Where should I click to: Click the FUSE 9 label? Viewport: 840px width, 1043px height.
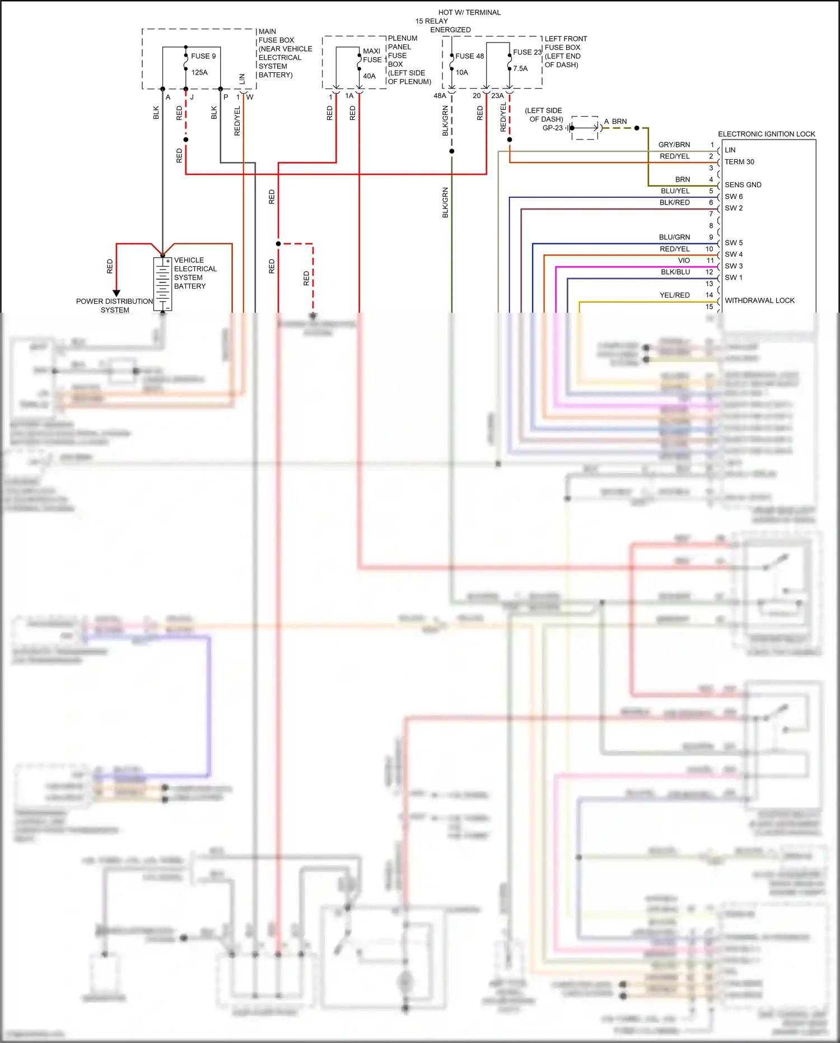tap(203, 56)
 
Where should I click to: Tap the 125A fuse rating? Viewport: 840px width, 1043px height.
tap(199, 72)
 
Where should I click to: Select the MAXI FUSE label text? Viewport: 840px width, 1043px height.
tap(371, 55)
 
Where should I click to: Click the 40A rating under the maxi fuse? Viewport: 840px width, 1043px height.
tap(369, 76)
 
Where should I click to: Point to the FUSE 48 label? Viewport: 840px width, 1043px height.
tap(469, 56)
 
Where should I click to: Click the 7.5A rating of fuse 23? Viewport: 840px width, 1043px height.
tap(520, 68)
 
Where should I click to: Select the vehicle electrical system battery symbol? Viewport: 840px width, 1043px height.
tap(162, 284)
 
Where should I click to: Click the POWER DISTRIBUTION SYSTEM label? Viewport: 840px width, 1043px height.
tap(114, 305)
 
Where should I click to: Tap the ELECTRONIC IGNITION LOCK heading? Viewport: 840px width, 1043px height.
tap(766, 134)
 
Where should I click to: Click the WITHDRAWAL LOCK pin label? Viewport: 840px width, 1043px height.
tap(759, 300)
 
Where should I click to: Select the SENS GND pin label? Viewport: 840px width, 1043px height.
tap(743, 184)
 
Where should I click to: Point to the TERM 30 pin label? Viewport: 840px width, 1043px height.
tap(739, 161)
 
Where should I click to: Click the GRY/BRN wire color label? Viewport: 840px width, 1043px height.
tap(674, 145)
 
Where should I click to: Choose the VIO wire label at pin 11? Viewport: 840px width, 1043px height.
tap(684, 260)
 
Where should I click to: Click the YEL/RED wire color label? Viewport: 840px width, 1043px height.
tap(674, 295)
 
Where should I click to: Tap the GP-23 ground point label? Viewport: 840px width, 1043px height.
tap(552, 128)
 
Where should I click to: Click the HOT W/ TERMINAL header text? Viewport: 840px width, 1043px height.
tap(469, 12)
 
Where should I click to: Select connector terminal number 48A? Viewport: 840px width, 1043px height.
tap(440, 96)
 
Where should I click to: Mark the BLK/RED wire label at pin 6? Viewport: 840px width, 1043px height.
tap(674, 202)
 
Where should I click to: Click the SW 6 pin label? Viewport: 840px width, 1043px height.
tap(733, 196)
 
